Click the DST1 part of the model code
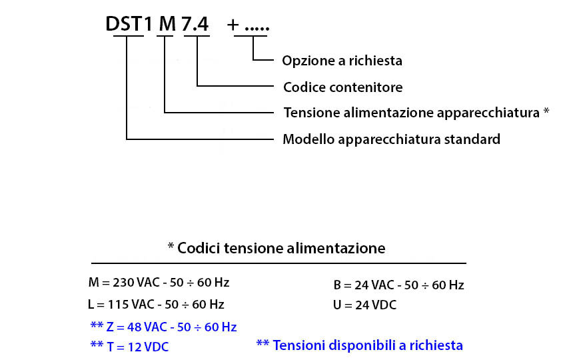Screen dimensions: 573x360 (x=129, y=24)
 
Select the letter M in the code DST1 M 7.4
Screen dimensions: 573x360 (x=167, y=24)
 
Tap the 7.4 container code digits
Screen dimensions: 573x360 (x=195, y=24)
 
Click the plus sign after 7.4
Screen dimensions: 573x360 (x=233, y=25)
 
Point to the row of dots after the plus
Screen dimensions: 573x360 (x=257, y=29)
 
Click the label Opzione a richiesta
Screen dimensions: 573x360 (x=342, y=61)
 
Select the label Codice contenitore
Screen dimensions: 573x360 (x=342, y=87)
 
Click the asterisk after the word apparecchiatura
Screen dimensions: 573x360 (x=546, y=111)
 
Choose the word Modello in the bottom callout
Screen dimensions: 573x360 (x=308, y=139)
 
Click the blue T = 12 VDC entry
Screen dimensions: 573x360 (x=137, y=347)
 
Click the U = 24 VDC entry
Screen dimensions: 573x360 (x=364, y=305)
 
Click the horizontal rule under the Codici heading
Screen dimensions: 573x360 (x=279, y=263)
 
